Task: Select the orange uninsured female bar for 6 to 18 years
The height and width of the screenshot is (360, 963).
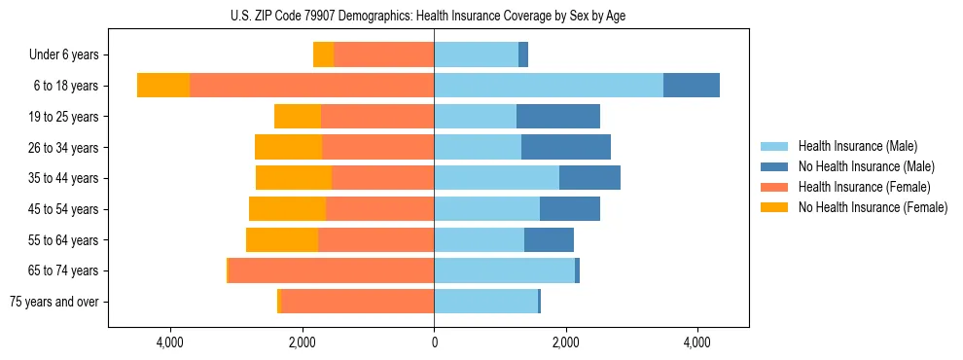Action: [163, 86]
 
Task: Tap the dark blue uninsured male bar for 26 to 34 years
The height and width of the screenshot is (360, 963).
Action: [566, 147]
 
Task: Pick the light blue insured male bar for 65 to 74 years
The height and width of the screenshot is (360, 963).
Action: [504, 270]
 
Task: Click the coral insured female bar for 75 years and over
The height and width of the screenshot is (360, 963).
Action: [357, 302]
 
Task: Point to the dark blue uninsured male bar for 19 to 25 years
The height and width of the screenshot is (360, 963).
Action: [557, 117]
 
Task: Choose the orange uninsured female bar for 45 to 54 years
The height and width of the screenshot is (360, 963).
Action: [287, 209]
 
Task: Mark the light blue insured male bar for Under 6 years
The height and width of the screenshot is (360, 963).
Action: [476, 54]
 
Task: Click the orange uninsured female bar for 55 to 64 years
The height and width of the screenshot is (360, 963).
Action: [282, 239]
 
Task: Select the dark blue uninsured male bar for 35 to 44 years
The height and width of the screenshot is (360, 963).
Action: [589, 178]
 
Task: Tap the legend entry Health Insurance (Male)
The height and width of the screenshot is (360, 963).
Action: [857, 146]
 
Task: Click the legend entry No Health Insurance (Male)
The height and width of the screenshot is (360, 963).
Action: [866, 166]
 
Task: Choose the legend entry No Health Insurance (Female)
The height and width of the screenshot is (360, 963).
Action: [872, 207]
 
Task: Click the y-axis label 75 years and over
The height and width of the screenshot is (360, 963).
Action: [53, 302]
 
